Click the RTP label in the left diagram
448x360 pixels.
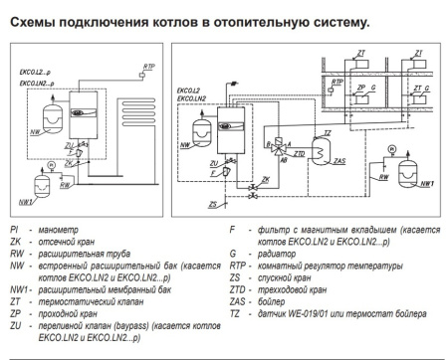(149, 66)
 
